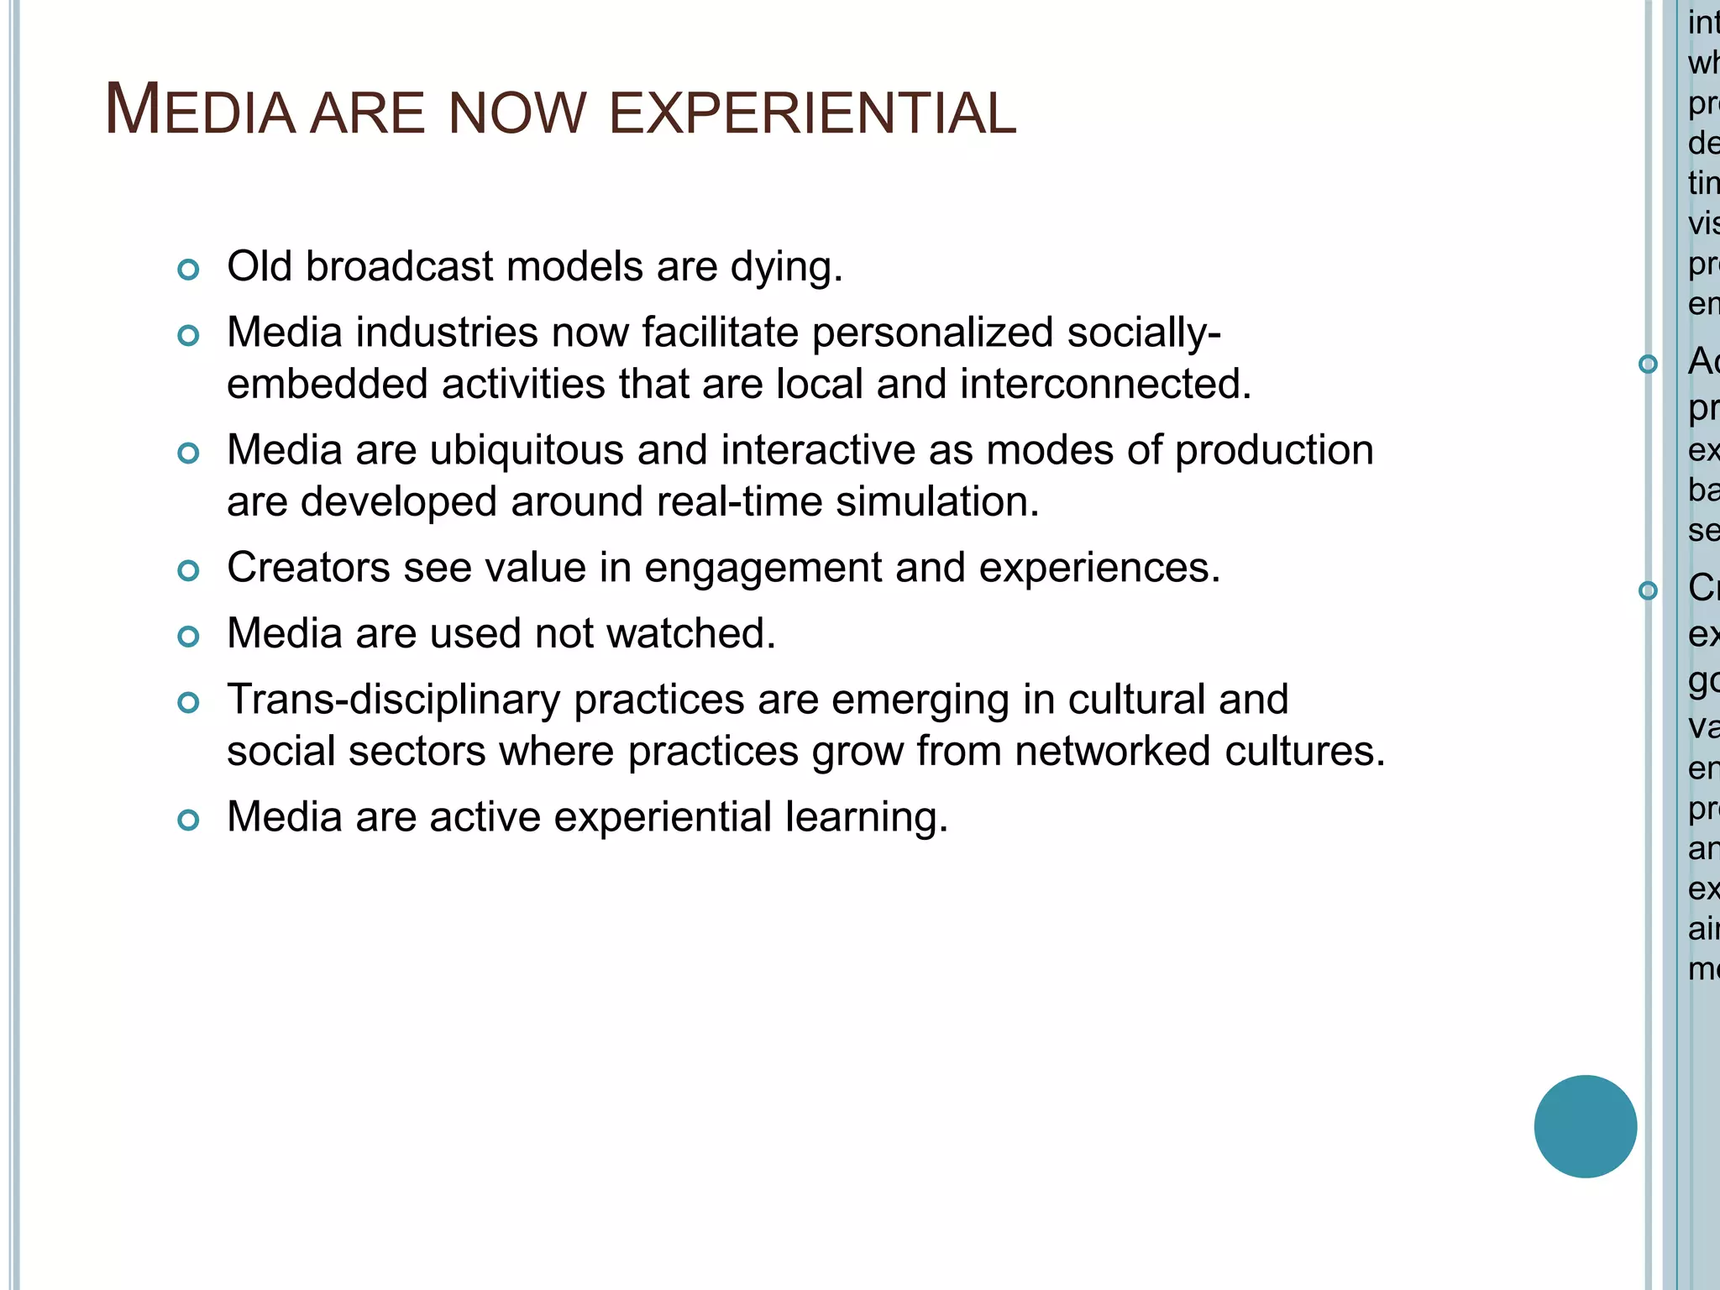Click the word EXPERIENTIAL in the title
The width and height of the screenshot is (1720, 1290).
coord(811,113)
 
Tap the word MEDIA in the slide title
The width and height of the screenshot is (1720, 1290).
coord(200,111)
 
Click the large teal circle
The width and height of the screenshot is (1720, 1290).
coord(1585,1126)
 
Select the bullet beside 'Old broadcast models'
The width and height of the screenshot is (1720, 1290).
coord(189,270)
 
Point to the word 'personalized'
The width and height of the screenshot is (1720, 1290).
coord(932,333)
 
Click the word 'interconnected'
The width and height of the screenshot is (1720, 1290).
coord(1105,385)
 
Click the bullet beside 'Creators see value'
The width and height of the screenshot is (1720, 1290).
coord(189,571)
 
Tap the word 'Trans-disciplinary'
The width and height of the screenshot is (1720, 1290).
coord(393,700)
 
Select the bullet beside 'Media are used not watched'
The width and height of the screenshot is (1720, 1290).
coord(189,637)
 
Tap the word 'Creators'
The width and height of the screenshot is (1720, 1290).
coord(308,568)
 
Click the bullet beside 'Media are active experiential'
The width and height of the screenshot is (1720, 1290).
coord(189,820)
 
